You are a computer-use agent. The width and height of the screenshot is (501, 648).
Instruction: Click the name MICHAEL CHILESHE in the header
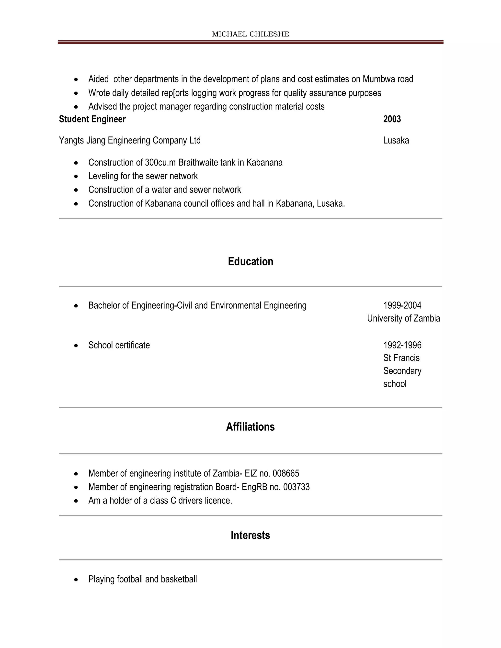click(250, 34)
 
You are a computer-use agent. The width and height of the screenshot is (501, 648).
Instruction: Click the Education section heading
click(250, 261)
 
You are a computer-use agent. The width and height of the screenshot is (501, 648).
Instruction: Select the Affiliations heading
click(250, 427)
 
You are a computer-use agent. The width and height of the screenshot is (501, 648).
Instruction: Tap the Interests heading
click(250, 535)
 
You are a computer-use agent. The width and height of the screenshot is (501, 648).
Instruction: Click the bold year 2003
click(392, 119)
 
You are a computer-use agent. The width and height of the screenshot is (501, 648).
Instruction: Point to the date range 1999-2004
click(402, 305)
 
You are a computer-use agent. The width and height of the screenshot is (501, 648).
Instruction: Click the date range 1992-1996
click(402, 345)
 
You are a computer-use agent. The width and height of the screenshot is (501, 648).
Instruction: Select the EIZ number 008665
click(286, 473)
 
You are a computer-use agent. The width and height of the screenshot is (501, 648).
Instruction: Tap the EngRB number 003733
click(296, 487)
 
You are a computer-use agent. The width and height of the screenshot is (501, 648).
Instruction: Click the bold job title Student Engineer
click(92, 119)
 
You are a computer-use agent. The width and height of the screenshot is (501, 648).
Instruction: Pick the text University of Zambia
click(403, 318)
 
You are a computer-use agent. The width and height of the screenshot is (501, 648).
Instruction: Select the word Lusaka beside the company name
click(396, 140)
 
